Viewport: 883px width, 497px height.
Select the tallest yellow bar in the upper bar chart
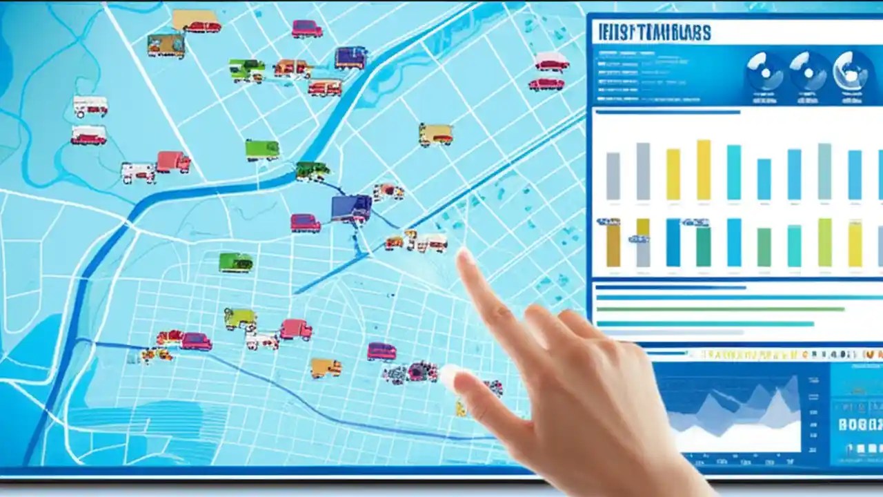703,170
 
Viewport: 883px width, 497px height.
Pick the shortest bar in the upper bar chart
764,179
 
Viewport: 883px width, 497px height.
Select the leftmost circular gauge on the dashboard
764,71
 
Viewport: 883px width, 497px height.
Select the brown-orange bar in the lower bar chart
613,244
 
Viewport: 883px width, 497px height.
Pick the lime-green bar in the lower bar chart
824,242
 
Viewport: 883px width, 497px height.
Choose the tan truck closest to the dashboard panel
435,134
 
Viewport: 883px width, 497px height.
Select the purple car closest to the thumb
381,351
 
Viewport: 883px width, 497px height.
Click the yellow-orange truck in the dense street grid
325,368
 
